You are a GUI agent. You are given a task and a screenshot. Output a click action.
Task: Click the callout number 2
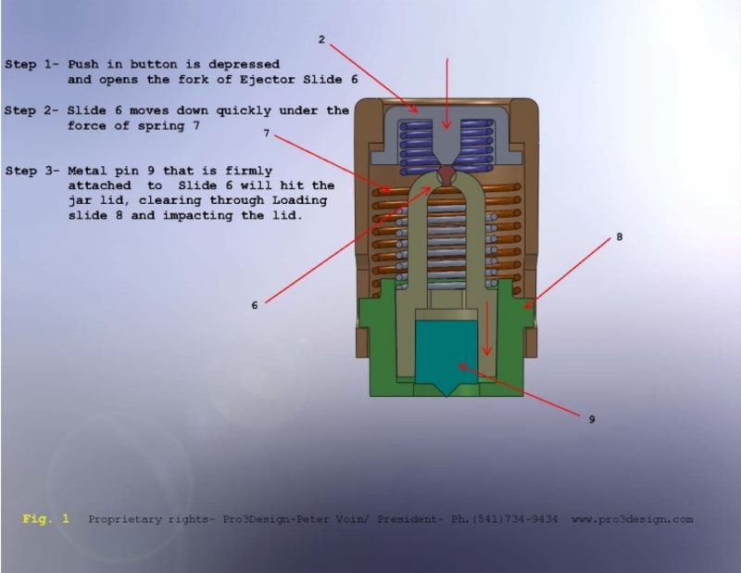pos(321,40)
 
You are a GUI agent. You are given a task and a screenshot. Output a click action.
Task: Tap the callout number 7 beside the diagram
pos(267,134)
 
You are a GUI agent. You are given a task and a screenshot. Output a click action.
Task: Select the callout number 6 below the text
pos(255,305)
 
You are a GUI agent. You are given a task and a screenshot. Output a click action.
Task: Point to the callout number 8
pos(620,236)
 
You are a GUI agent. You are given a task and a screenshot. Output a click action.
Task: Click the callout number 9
pos(592,419)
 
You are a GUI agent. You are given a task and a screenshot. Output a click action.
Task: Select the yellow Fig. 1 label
pos(45,519)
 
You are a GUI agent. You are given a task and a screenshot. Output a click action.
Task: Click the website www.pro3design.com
pos(633,519)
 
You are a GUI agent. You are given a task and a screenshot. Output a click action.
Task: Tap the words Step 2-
pos(31,110)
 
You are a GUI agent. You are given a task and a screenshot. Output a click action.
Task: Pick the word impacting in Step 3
pos(198,216)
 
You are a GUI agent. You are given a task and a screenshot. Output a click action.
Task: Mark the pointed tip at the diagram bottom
pos(446,396)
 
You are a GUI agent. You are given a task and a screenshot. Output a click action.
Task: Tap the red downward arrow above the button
pos(446,94)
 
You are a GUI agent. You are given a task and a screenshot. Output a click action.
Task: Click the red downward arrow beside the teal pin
pos(487,327)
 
